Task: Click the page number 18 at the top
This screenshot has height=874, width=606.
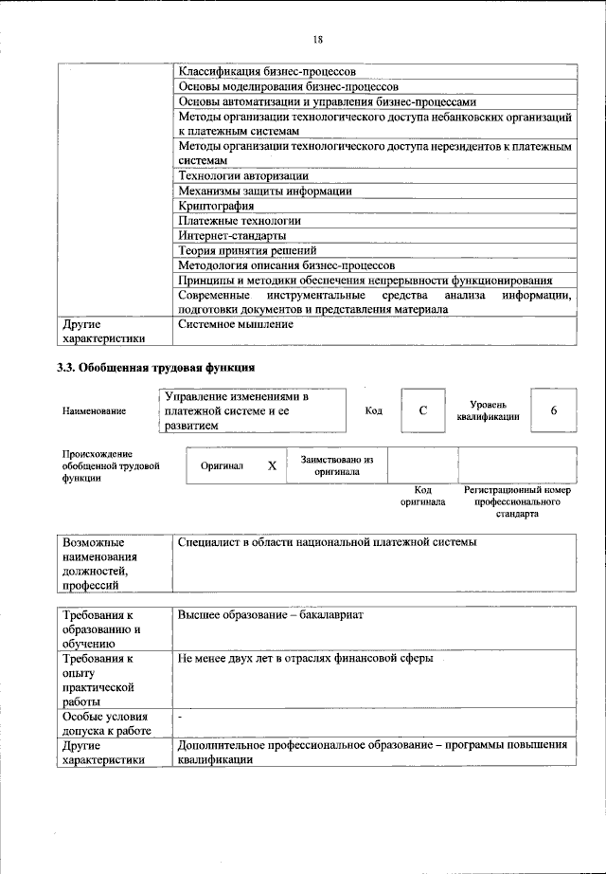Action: tap(318, 39)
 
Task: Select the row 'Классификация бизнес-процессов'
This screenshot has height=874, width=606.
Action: tap(267, 71)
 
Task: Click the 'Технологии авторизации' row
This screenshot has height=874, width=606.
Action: tap(242, 175)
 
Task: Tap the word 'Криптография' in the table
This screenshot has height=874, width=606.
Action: tap(215, 205)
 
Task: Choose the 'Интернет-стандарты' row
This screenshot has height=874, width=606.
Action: tap(232, 235)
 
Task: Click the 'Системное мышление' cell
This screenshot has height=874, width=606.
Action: tap(235, 324)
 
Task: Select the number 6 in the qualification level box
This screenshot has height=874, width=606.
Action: tap(553, 410)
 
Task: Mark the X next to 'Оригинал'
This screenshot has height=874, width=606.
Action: tap(272, 466)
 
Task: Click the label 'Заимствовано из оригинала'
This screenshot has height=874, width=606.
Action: tap(336, 464)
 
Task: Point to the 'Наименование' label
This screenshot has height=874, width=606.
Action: tap(95, 412)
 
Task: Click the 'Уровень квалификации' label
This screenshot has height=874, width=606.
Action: tap(487, 410)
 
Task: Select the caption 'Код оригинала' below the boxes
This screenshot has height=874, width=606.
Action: tap(422, 496)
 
